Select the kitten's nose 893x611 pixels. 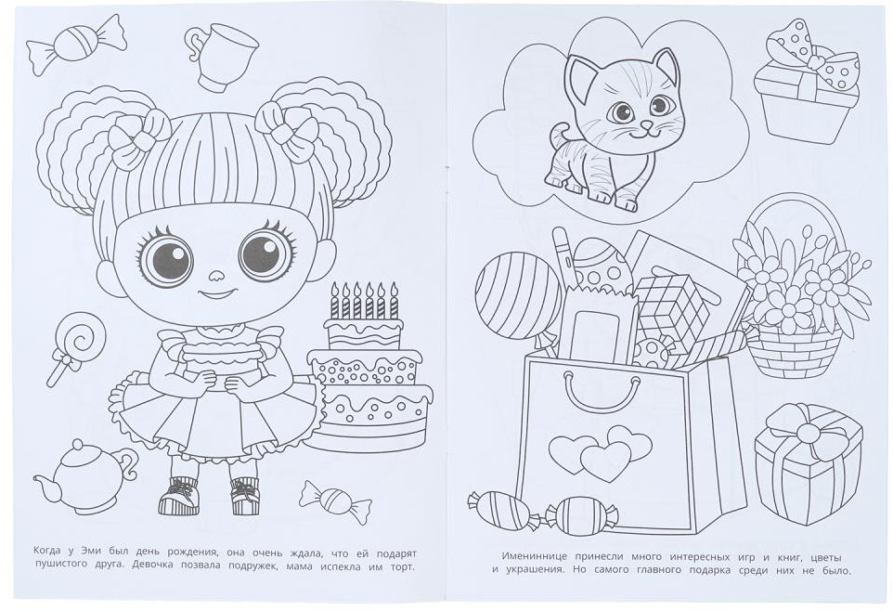click(646, 124)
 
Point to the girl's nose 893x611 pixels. click(216, 277)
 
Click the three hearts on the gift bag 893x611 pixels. click(602, 452)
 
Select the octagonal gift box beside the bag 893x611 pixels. click(809, 461)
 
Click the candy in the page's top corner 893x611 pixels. click(76, 44)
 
